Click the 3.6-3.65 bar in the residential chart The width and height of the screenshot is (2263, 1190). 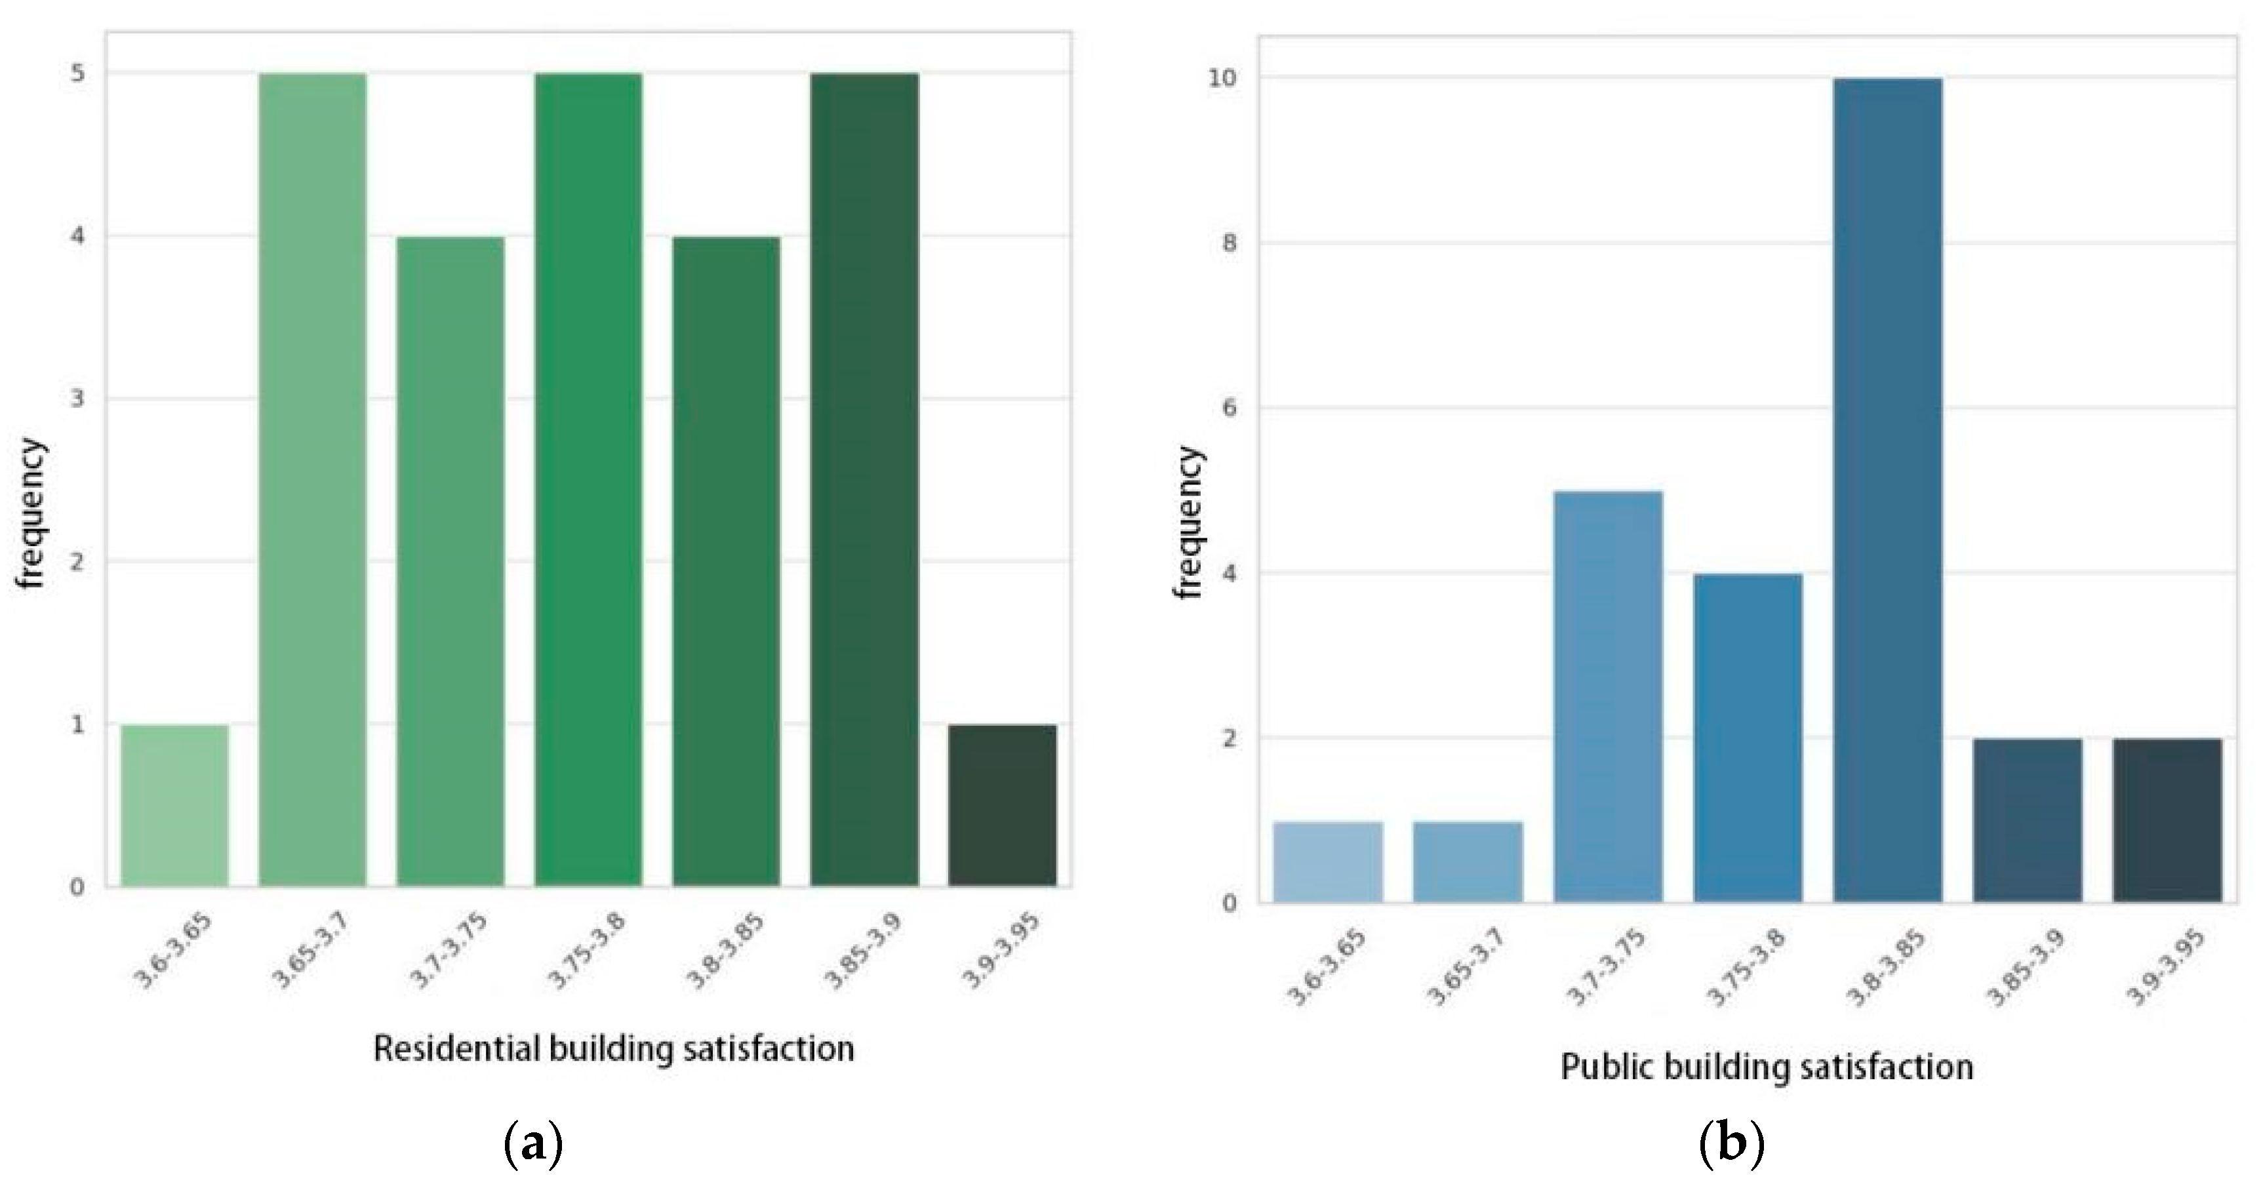175,804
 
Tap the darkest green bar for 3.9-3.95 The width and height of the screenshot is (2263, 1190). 1003,804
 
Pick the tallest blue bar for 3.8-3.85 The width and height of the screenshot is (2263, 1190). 1888,490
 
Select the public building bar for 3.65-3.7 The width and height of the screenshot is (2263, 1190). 1468,862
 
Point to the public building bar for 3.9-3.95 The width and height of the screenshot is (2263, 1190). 2167,820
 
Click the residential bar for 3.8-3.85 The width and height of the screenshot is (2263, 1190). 727,561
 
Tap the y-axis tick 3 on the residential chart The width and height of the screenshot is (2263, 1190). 78,399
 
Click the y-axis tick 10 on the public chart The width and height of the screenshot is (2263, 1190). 1224,78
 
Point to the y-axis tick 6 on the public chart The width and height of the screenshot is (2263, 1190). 1229,408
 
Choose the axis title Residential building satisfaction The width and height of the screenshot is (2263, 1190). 613,1048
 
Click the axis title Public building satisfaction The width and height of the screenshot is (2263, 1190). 1767,1066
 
